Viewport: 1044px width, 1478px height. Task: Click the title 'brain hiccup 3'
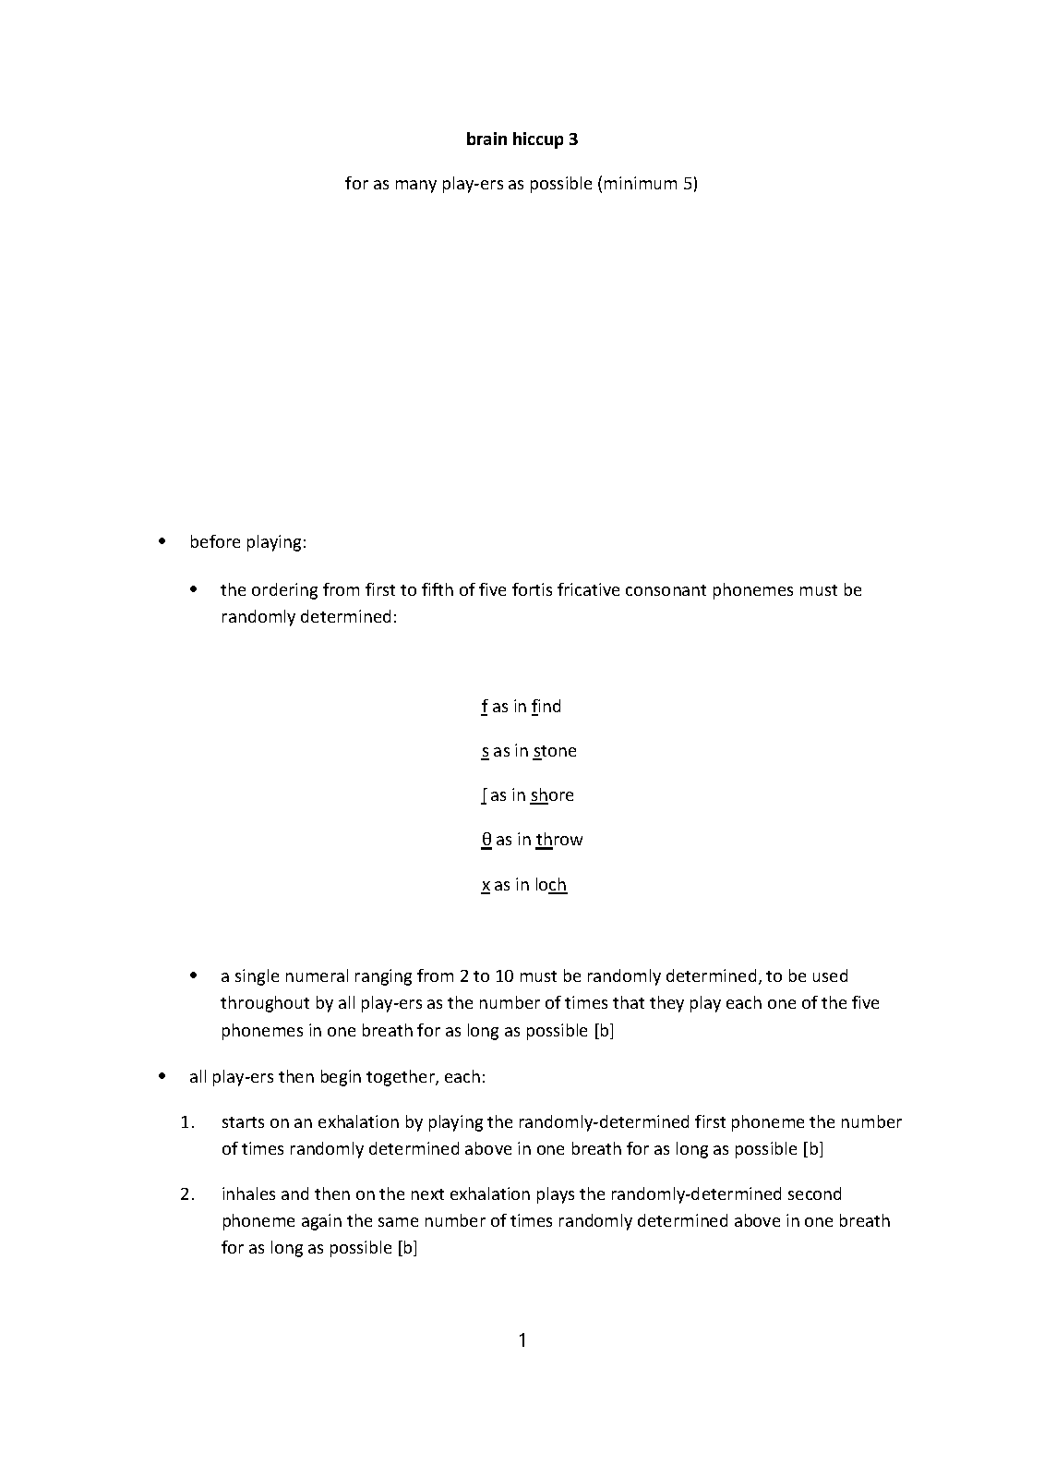[x=522, y=139]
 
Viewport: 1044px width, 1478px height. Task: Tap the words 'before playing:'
[x=247, y=542]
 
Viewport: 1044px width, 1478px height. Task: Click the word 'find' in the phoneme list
[x=546, y=707]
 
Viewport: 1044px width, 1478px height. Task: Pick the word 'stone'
[x=555, y=751]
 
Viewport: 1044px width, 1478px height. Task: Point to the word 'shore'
[x=552, y=795]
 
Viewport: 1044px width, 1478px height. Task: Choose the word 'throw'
[x=559, y=840]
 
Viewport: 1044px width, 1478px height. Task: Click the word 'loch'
[x=550, y=885]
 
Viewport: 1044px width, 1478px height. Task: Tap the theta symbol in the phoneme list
[x=486, y=840]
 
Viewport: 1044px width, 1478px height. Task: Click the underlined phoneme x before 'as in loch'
[x=486, y=885]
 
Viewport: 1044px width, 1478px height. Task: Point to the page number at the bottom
[x=522, y=1340]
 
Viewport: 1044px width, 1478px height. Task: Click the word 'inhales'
[x=250, y=1194]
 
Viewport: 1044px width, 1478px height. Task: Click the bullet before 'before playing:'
[x=162, y=542]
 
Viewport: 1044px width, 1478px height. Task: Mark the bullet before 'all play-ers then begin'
[x=162, y=1077]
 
